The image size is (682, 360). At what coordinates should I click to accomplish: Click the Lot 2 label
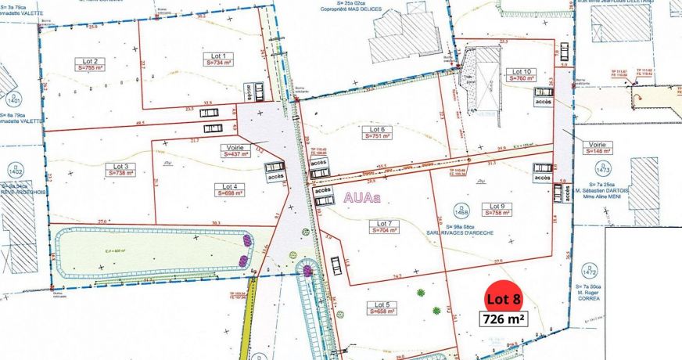pos(89,60)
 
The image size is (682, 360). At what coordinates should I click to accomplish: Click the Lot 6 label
pos(378,129)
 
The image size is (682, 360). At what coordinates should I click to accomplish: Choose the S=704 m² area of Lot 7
pos(383,231)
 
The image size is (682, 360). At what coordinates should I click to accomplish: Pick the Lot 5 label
pos(382,304)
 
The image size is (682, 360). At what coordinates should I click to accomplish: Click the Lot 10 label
pos(522,71)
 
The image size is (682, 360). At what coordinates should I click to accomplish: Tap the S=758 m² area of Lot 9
pos(503,212)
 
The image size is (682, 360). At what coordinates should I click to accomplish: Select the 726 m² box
pos(504,319)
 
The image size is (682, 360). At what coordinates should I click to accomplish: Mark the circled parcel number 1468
pos(461,210)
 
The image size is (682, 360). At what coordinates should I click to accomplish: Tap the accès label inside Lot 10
pos(544,102)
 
